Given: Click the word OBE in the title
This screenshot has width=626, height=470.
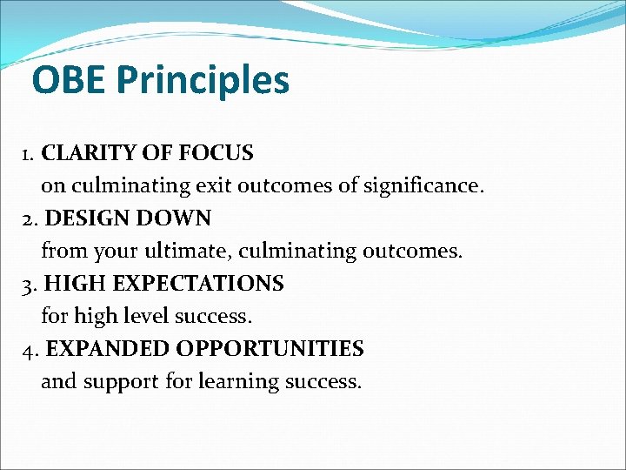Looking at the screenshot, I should click(70, 81).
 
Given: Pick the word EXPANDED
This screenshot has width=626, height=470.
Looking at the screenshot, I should click(107, 349).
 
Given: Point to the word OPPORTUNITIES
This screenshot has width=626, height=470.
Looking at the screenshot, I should click(270, 349).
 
